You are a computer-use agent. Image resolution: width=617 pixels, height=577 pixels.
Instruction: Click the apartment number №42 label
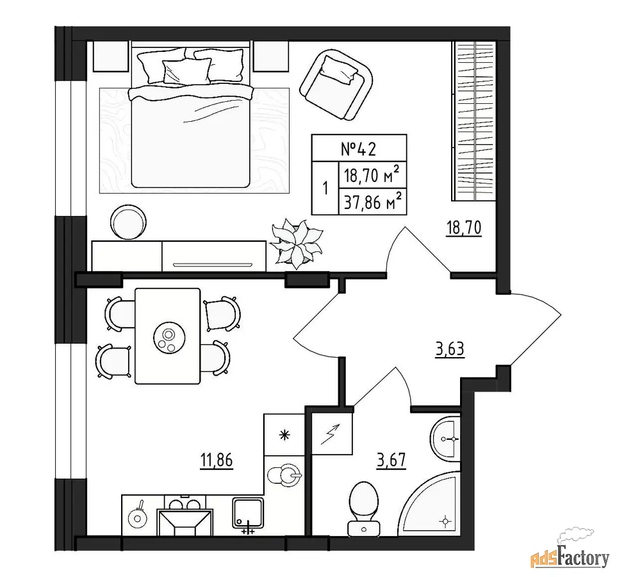(358, 149)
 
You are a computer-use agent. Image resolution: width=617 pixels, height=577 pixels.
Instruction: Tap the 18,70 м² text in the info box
(372, 175)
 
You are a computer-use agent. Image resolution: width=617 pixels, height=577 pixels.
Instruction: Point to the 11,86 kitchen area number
(217, 460)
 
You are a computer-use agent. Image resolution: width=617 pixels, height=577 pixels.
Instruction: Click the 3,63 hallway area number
(450, 349)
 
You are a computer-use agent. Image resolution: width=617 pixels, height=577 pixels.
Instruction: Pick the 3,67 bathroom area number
(391, 460)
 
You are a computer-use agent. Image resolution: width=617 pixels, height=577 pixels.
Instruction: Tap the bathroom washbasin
(445, 439)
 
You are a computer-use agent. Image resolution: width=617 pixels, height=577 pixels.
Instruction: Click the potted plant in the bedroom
(296, 244)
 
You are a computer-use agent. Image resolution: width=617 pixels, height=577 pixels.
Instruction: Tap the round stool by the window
(129, 222)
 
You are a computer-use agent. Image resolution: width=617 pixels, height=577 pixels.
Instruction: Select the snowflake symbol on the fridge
(284, 435)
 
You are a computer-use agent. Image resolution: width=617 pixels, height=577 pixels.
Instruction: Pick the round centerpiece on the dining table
(169, 338)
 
